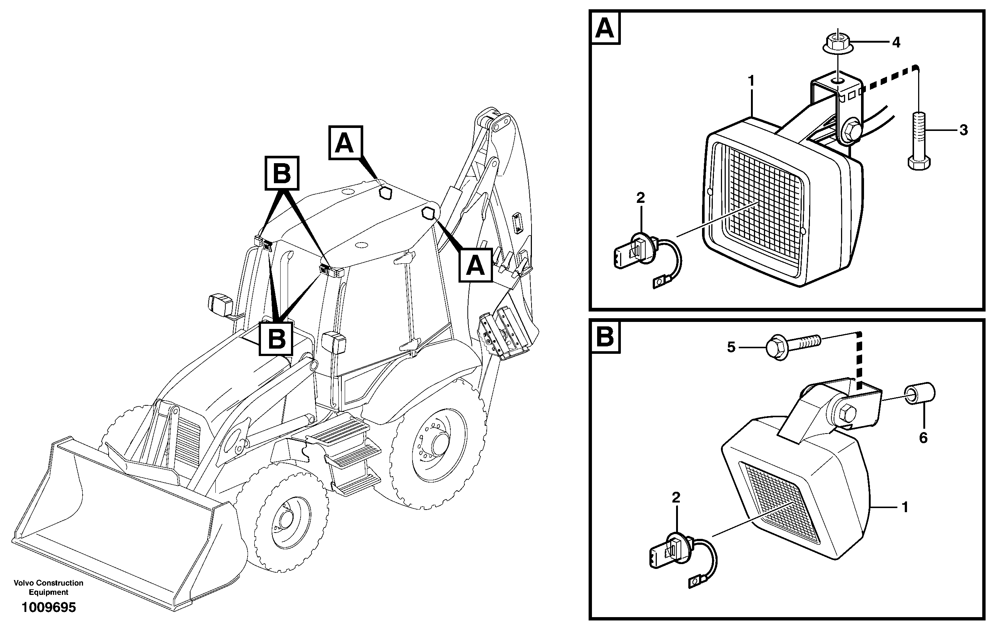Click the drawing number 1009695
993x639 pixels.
[x=49, y=607]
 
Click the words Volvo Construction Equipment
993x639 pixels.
[x=49, y=587]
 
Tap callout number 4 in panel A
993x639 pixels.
[x=896, y=42]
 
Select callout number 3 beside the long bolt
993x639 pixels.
[x=963, y=130]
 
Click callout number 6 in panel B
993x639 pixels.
[x=923, y=437]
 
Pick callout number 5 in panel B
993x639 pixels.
[x=731, y=347]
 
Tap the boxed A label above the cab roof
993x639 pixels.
[x=345, y=143]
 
